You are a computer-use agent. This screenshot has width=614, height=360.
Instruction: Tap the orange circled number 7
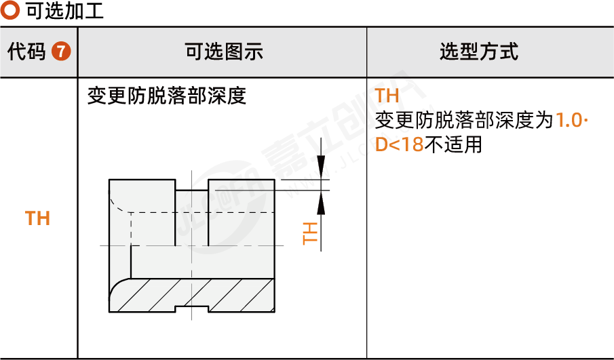point(61,52)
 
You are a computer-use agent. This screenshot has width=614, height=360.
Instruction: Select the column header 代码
point(26,52)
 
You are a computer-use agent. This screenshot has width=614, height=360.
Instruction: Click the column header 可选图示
point(223,52)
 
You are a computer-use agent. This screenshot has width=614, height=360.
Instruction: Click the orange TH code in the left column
point(37,218)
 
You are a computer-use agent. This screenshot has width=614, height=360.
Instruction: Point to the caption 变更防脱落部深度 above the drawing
point(166,96)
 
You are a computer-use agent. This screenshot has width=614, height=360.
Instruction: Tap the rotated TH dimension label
point(309,233)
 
